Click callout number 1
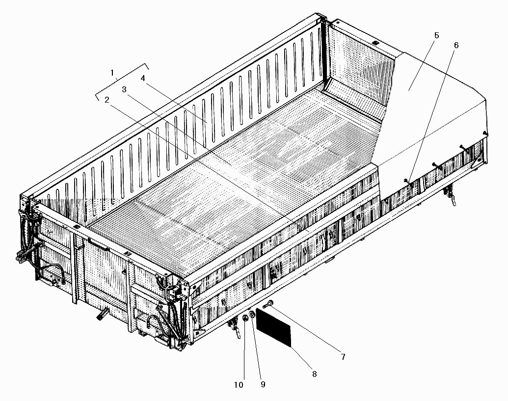click(112, 72)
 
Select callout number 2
click(107, 100)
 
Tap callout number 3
click(124, 89)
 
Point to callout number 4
click(142, 78)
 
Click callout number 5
click(436, 35)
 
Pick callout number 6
click(456, 45)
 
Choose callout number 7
click(343, 357)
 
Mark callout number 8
click(314, 374)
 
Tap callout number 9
click(263, 384)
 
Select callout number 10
click(239, 385)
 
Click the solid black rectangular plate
click(274, 327)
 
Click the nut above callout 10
click(245, 318)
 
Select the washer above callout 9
click(252, 314)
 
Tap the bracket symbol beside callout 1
click(122, 81)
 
